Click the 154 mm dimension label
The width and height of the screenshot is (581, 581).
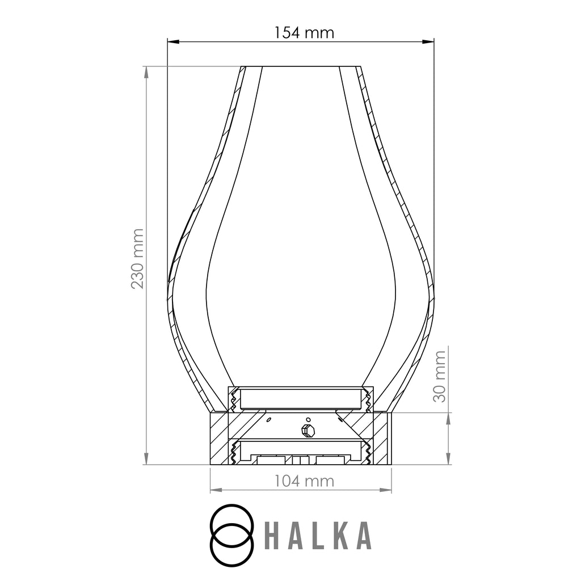304,32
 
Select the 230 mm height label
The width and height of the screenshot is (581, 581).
137,259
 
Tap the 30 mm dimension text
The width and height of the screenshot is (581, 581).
439,377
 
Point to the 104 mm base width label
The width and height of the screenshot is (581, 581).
304,481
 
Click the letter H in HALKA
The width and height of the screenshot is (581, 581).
272,536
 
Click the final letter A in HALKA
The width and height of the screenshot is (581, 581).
364,536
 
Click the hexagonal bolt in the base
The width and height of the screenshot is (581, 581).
308,431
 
